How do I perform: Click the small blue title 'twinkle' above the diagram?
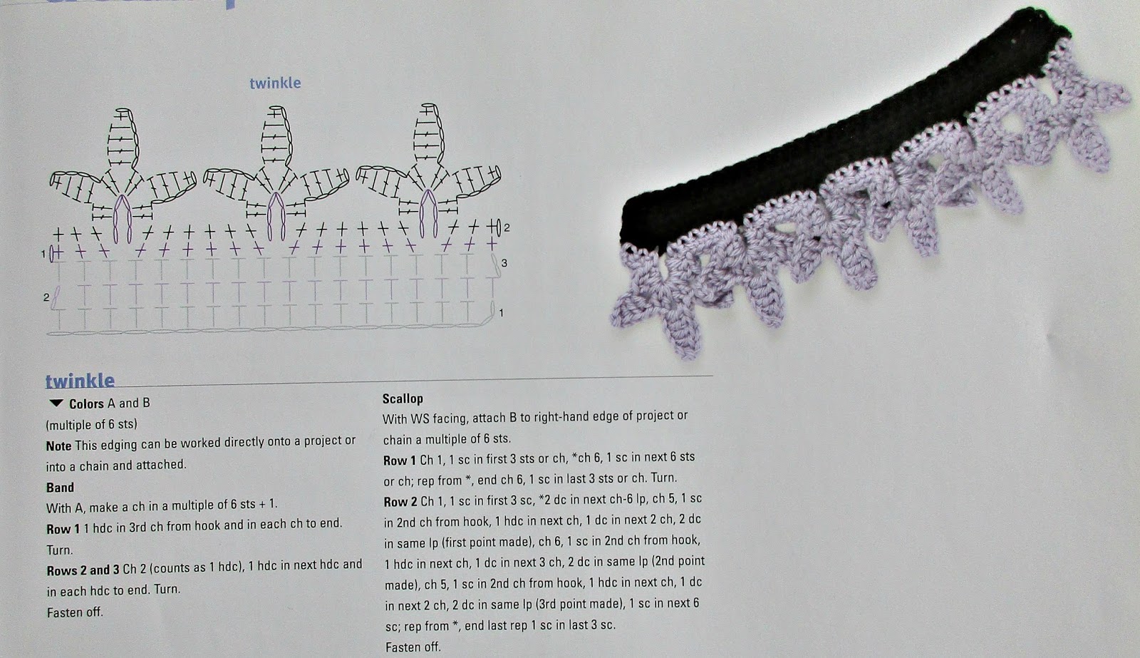point(275,83)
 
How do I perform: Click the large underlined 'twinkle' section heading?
point(80,381)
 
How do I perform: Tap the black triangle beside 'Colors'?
point(56,403)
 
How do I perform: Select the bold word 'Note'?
point(58,446)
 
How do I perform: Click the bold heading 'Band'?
point(60,488)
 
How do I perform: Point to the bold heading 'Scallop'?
point(403,399)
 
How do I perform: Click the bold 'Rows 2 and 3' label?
point(83,570)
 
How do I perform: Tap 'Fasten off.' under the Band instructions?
point(75,612)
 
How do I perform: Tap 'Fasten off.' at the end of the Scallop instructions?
point(413,647)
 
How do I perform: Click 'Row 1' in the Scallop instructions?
point(400,460)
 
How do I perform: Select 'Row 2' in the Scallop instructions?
point(400,502)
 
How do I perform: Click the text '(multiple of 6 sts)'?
point(92,424)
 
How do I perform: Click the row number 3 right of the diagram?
point(504,263)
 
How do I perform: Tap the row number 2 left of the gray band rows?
point(46,297)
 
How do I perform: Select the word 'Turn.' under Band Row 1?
point(60,550)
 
